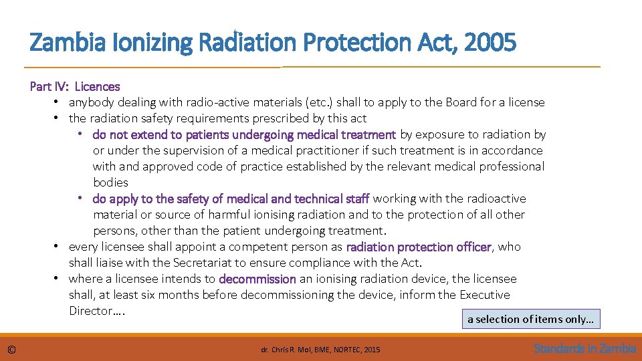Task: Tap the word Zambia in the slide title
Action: point(61,43)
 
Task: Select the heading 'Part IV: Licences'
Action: point(75,86)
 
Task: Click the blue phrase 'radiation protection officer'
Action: point(419,247)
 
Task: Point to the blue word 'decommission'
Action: point(257,279)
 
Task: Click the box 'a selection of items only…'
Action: point(530,319)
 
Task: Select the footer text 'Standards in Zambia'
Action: point(584,348)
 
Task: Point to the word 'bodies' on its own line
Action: point(110,183)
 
